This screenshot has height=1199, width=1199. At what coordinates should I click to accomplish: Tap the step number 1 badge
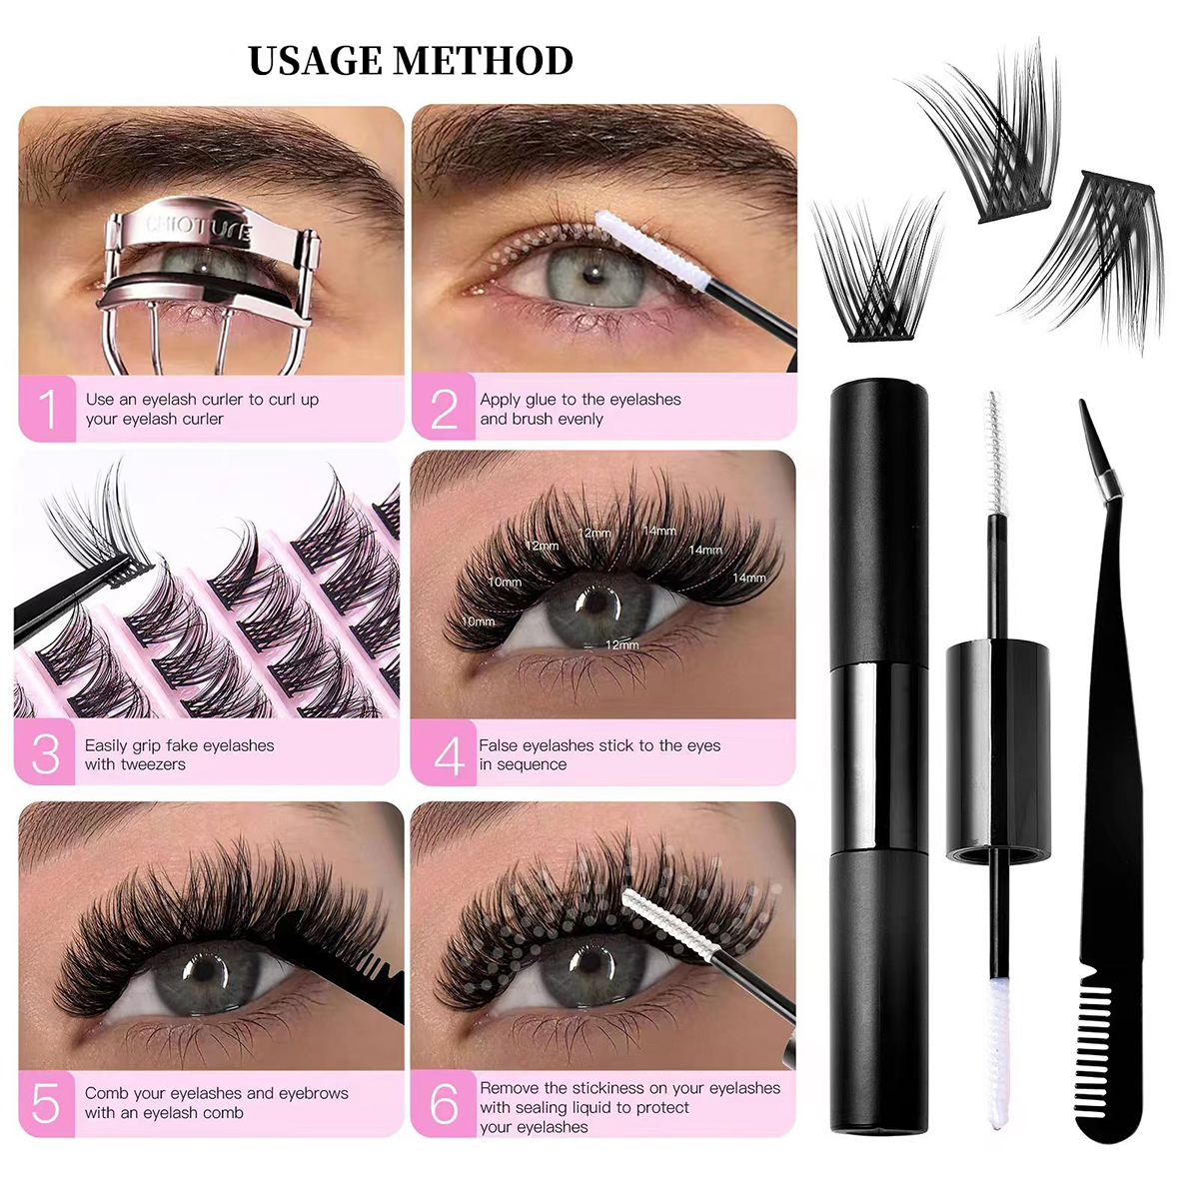coord(47,409)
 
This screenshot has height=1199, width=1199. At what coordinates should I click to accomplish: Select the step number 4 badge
coord(447,755)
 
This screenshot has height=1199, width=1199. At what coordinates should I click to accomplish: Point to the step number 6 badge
coord(444,1104)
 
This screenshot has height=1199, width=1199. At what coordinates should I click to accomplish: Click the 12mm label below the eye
coord(621,645)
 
